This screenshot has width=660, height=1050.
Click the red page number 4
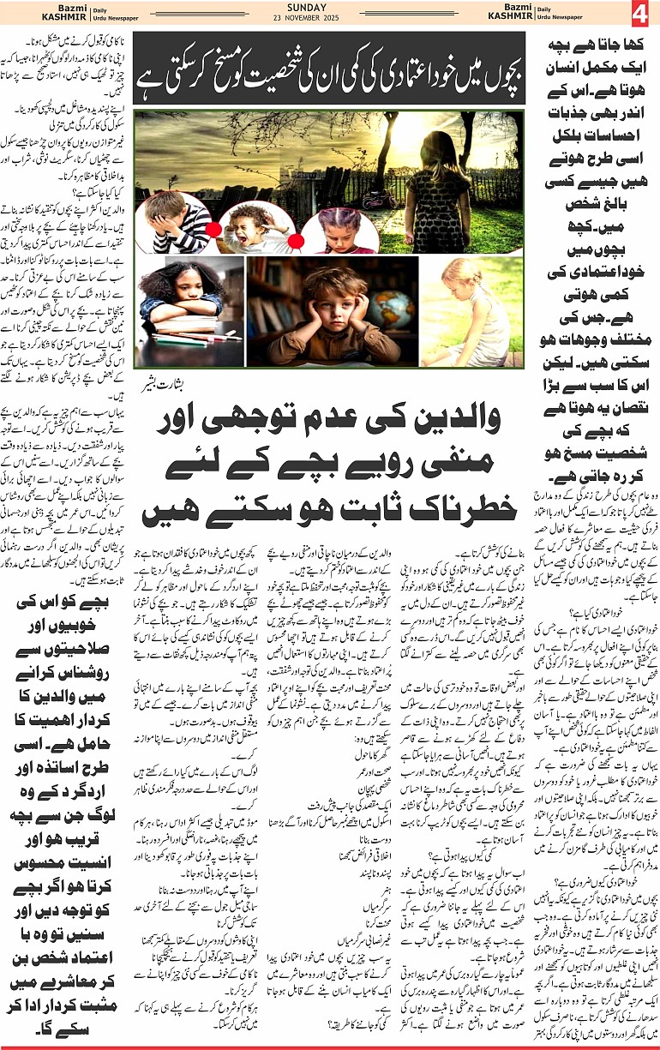[x=639, y=15]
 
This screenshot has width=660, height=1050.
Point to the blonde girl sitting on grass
[x=463, y=313]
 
